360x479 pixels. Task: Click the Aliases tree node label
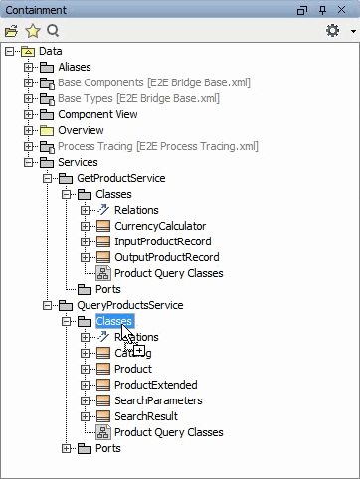click(74, 67)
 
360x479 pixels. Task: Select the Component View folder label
click(97, 114)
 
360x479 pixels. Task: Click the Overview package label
click(81, 130)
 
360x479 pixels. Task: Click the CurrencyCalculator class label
click(160, 226)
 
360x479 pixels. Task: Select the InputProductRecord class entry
click(162, 241)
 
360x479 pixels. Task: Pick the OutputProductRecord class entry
click(166, 257)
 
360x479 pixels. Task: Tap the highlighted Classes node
click(114, 321)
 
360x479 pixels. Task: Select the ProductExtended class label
click(155, 385)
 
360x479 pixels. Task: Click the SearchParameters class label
click(158, 400)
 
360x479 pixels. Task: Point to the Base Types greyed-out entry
click(138, 98)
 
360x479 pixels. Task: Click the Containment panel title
click(36, 9)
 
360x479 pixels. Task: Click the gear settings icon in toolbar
click(332, 31)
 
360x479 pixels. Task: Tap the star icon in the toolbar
click(32, 31)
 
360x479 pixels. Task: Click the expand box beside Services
click(29, 162)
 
